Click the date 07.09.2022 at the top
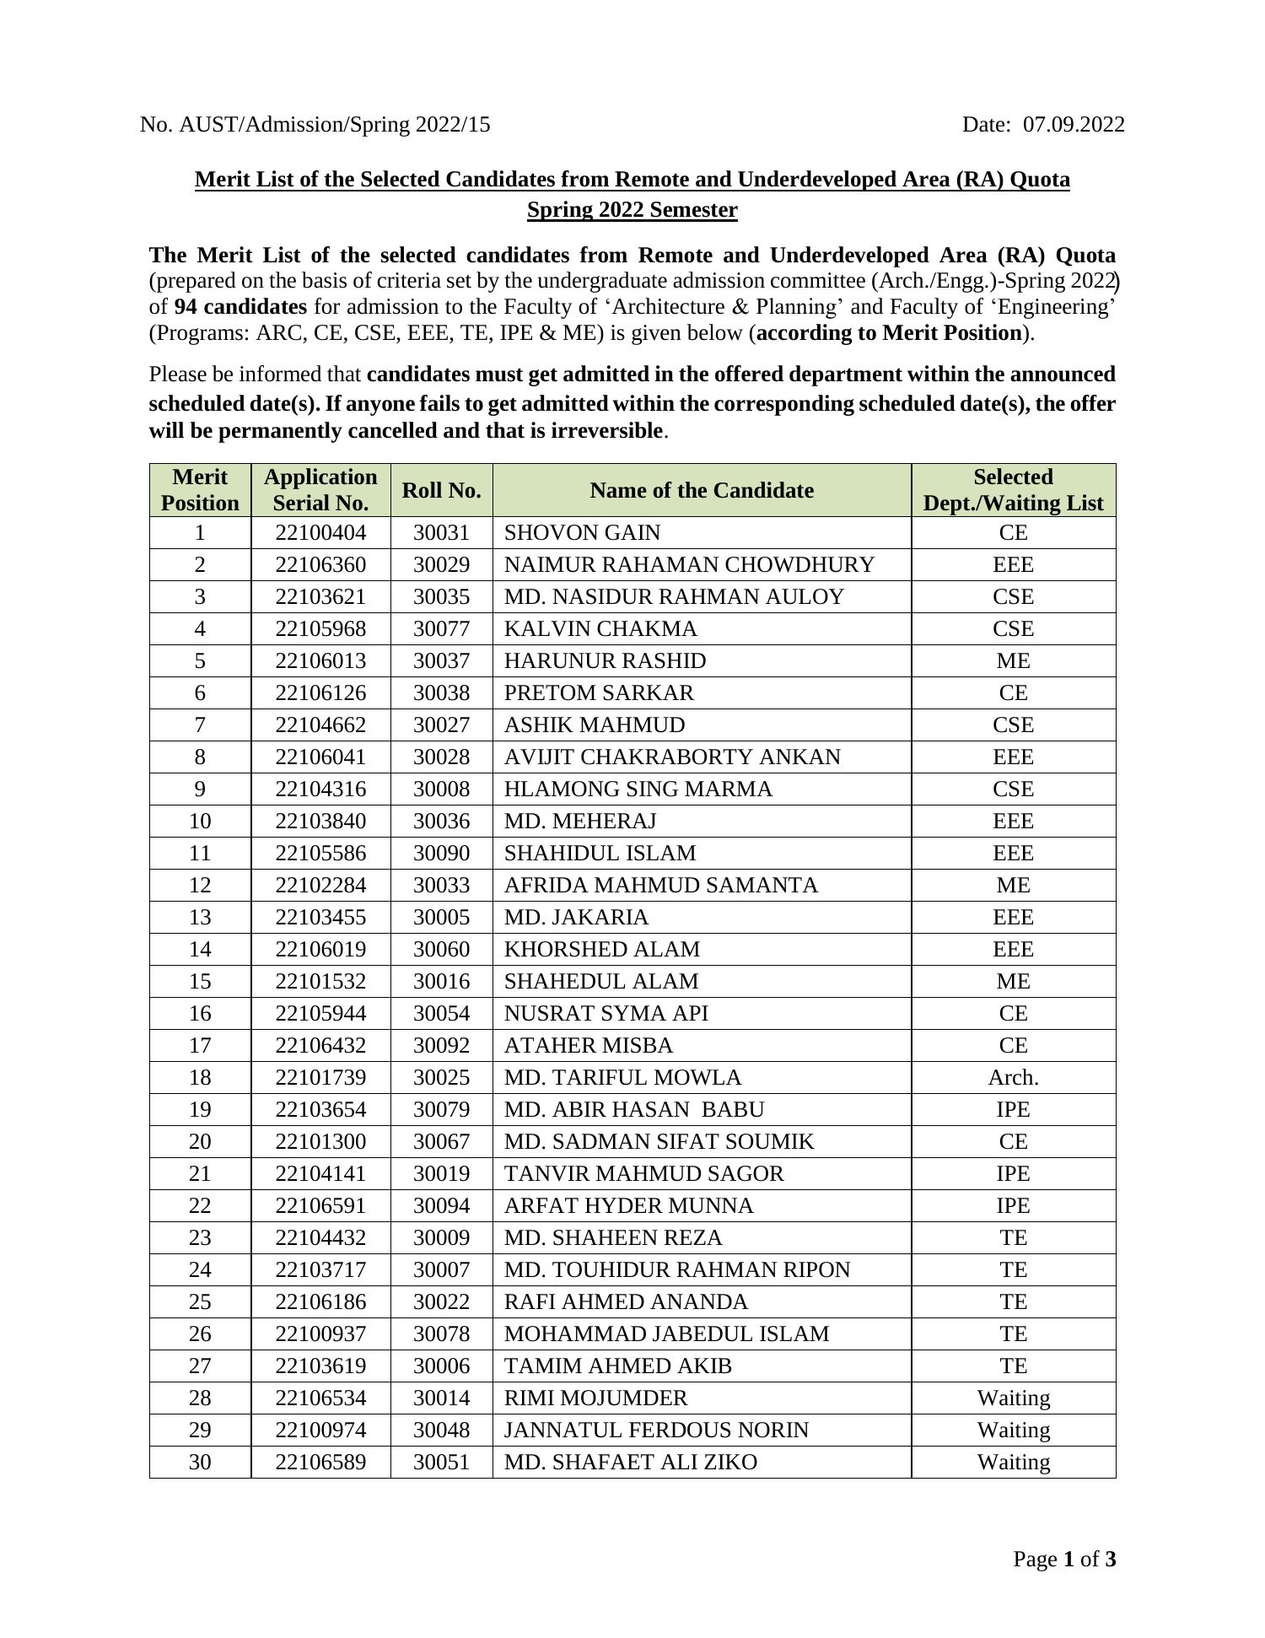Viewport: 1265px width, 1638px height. (1073, 125)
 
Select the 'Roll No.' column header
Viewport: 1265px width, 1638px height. (441, 490)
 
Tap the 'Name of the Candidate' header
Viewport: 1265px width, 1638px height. (701, 490)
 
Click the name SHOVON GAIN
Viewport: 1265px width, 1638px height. (582, 533)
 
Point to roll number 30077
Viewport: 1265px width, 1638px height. (441, 629)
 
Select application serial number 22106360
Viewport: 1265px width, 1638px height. (320, 565)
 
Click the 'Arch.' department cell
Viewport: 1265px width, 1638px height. (1013, 1078)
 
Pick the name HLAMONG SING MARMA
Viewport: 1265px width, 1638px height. (638, 789)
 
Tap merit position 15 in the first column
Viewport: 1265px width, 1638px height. (200, 982)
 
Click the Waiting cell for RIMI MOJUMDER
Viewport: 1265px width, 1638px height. (1013, 1398)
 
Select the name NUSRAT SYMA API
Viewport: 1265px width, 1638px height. (606, 1014)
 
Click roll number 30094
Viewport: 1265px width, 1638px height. (441, 1206)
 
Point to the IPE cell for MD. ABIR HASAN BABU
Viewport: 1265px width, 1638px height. (1013, 1110)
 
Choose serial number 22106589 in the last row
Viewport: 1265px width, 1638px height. (320, 1463)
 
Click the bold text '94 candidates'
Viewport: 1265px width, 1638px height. (240, 307)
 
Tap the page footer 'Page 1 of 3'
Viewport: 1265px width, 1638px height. (1064, 1559)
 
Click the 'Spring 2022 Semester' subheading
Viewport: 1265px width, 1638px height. (632, 210)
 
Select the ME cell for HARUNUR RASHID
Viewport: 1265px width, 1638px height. (1013, 661)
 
